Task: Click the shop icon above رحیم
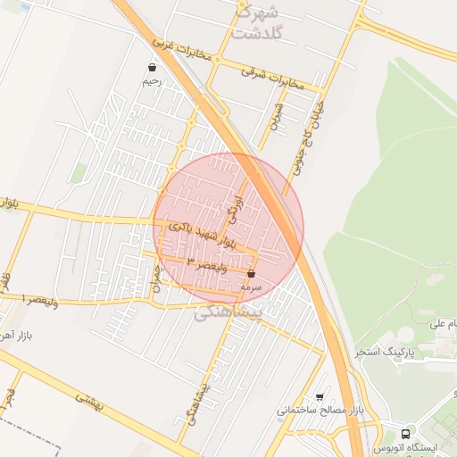point(153,67)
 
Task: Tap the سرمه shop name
point(251,287)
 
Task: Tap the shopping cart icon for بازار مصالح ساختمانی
point(320,397)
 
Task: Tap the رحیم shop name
point(152,81)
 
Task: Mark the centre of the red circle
point(228,228)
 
